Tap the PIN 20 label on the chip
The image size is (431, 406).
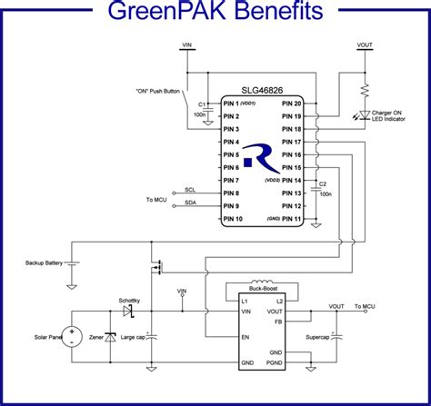coord(292,104)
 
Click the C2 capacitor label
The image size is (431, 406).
coord(323,184)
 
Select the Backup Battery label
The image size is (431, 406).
coord(45,262)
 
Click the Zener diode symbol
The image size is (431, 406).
coord(110,337)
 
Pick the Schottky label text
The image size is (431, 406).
coord(129,300)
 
